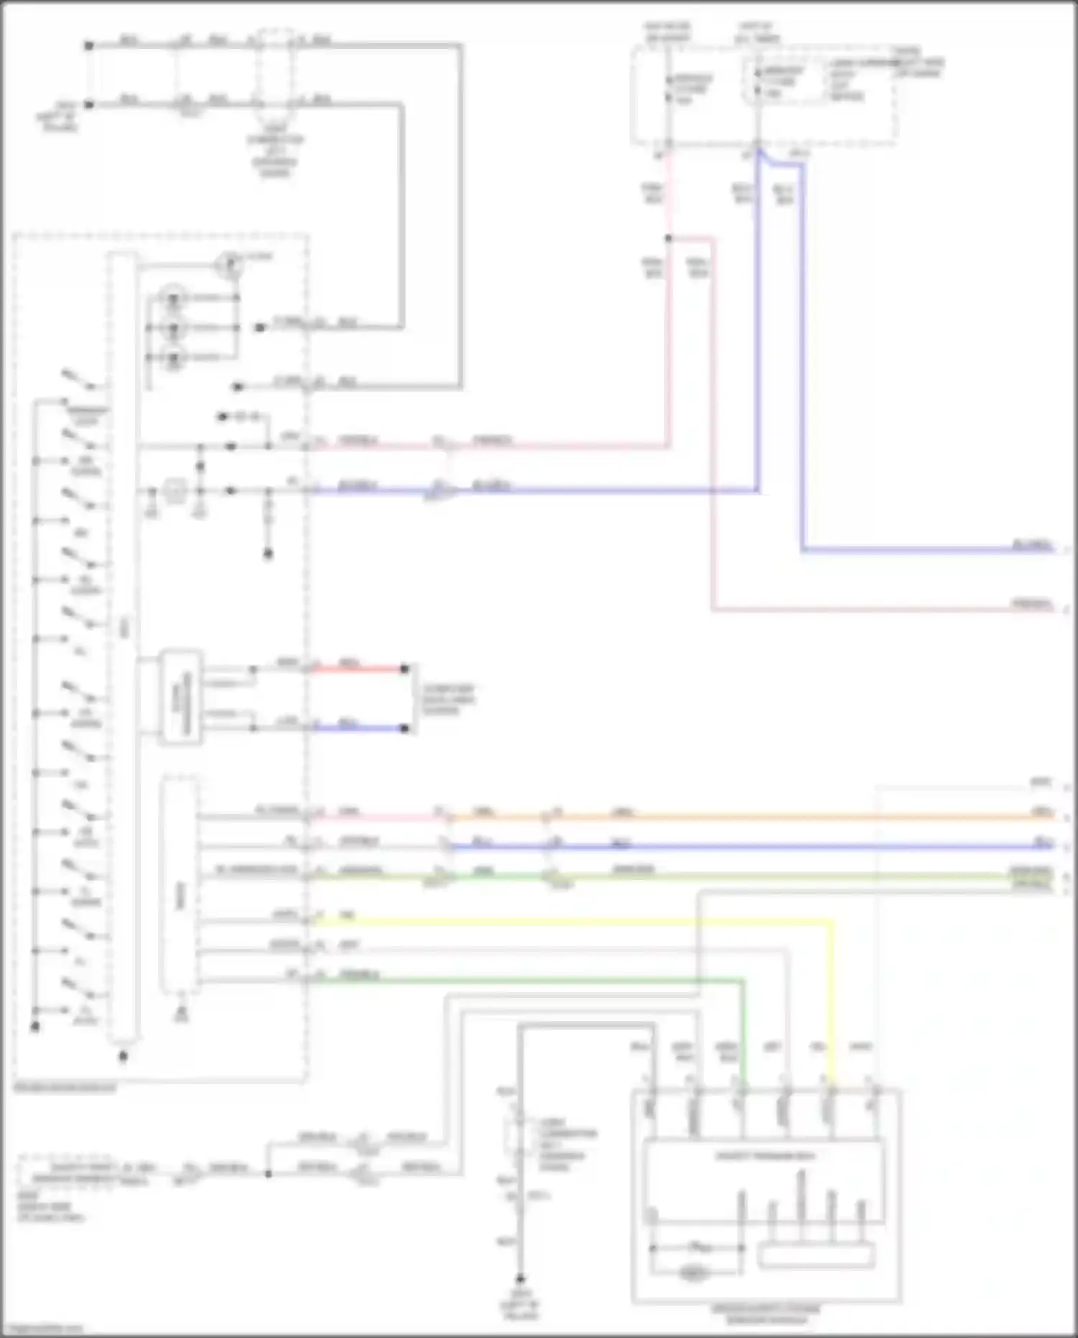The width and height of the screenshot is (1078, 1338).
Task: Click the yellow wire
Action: click(575, 921)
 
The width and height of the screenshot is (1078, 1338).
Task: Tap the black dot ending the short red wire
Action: click(405, 669)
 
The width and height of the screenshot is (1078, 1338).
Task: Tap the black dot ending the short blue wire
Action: click(405, 728)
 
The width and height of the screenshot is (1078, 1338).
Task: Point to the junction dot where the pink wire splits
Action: click(668, 238)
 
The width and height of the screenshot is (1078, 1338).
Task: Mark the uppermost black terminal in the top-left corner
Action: click(89, 45)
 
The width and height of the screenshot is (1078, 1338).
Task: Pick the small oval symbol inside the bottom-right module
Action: click(693, 1273)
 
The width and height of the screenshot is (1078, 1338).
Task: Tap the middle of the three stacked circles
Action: click(173, 327)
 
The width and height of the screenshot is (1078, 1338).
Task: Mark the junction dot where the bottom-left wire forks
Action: click(268, 1173)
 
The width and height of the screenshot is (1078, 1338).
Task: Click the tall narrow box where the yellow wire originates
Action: click(180, 884)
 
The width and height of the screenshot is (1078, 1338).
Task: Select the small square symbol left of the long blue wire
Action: click(173, 492)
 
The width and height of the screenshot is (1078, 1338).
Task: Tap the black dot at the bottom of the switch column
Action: click(34, 1027)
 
